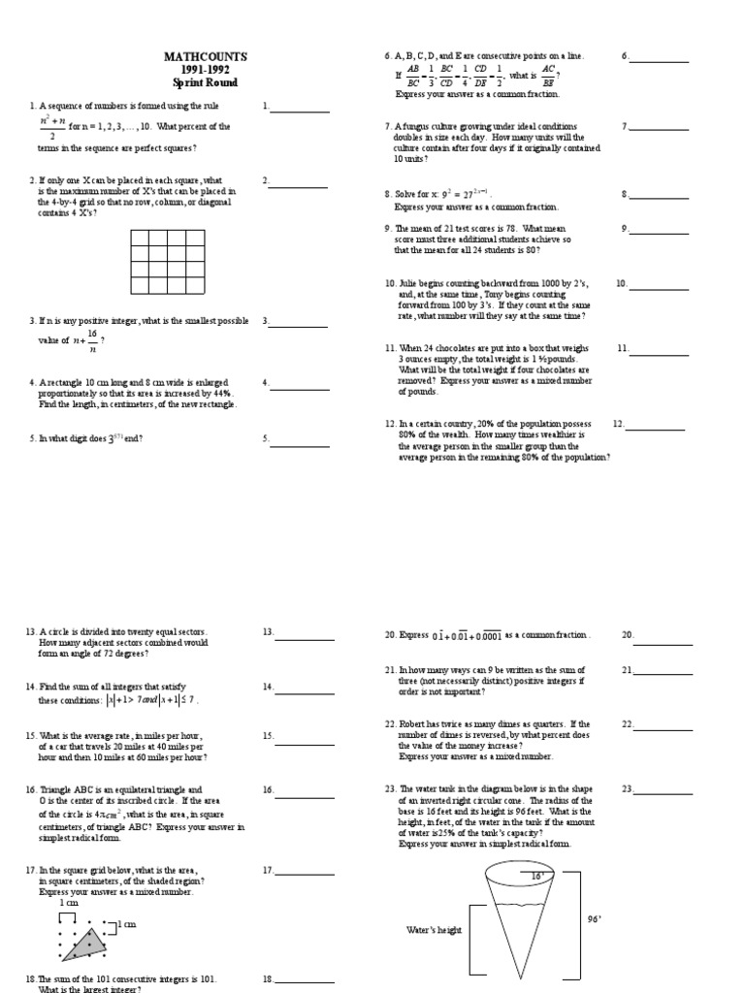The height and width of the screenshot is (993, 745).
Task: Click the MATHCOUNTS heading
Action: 205,57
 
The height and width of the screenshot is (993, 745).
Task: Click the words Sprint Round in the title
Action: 205,82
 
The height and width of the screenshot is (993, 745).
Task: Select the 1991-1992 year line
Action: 205,70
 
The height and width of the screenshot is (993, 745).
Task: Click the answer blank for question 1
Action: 300,112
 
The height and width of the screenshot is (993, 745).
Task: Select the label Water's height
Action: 435,930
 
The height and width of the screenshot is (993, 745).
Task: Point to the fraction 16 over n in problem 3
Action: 92,340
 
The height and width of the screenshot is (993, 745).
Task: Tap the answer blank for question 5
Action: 300,446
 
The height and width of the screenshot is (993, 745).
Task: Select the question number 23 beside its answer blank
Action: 628,789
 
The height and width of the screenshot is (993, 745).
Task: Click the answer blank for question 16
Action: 303,797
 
